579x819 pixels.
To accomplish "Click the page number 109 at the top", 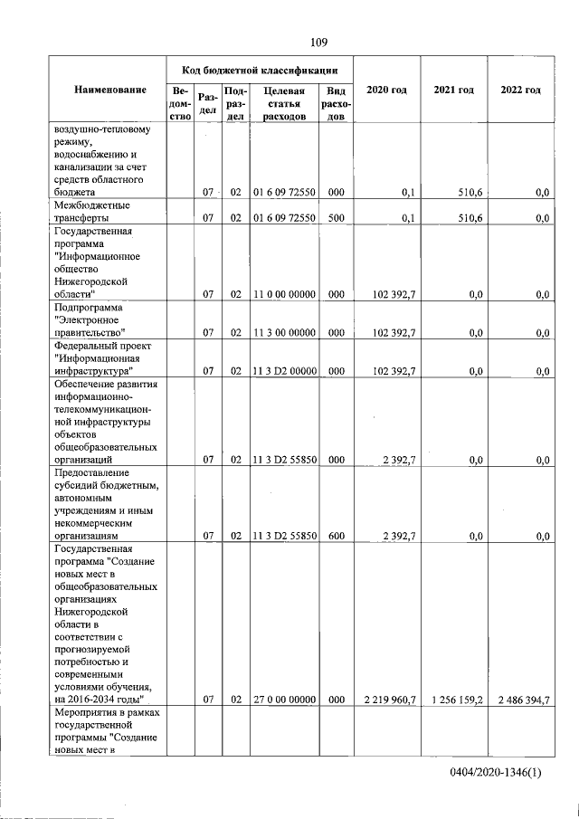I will pyautogui.click(x=318, y=42).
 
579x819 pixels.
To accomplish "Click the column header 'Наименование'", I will pyautogui.click(x=111, y=90).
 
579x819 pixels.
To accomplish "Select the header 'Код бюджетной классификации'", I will pyautogui.click(x=260, y=69).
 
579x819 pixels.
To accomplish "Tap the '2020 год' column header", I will pyautogui.click(x=386, y=90).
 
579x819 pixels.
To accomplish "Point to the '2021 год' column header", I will pyautogui.click(x=454, y=90).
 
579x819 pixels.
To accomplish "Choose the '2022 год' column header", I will pyautogui.click(x=520, y=90).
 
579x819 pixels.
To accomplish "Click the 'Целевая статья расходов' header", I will pyautogui.click(x=283, y=103).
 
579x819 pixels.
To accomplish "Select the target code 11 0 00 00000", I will pyautogui.click(x=283, y=294).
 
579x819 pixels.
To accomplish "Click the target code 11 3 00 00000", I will pyautogui.click(x=283, y=332).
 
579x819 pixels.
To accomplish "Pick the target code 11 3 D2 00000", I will pyautogui.click(x=283, y=371).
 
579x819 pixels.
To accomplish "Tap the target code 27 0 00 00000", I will pyautogui.click(x=283, y=700).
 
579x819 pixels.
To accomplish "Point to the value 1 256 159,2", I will pyautogui.click(x=454, y=700).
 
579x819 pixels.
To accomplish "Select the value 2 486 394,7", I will pyautogui.click(x=519, y=700).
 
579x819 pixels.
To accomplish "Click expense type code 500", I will pyautogui.click(x=336, y=218).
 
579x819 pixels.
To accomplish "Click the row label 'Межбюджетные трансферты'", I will pyautogui.click(x=90, y=212).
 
